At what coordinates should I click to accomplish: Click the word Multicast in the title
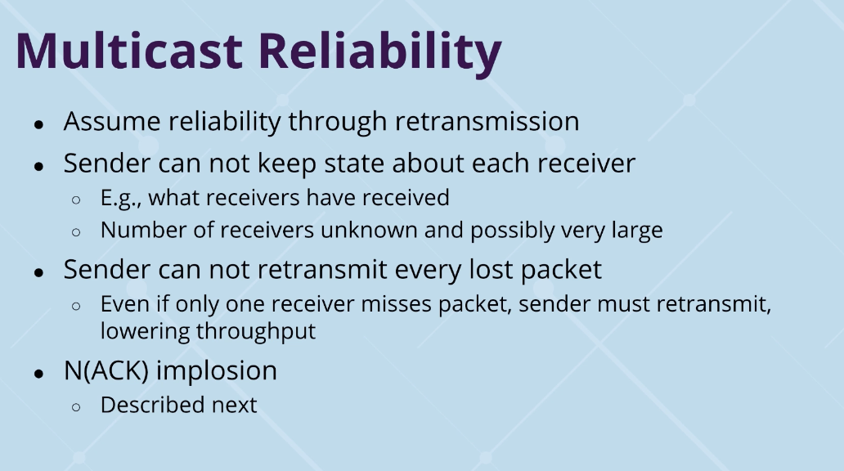tap(128, 51)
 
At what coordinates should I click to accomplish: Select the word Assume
tap(110, 122)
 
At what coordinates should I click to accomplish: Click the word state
tap(344, 163)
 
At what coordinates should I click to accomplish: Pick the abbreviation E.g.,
tap(122, 198)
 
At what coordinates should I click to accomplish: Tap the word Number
tap(137, 230)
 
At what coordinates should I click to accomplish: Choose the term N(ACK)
tap(105, 370)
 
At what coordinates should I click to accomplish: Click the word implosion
tap(217, 370)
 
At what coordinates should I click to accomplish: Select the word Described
tap(151, 405)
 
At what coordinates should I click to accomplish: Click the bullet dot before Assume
tap(38, 124)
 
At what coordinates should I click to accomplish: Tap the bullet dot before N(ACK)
tap(38, 373)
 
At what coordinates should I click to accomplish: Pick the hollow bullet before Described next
tap(76, 406)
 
